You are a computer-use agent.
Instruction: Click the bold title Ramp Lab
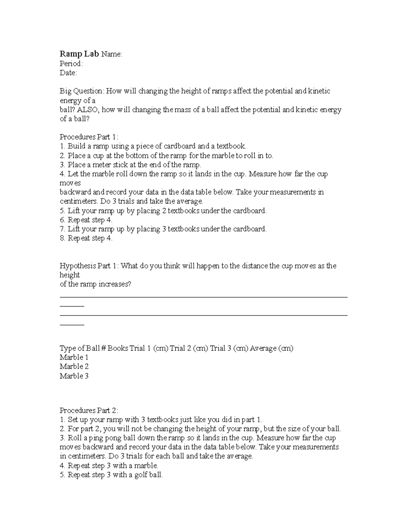79,54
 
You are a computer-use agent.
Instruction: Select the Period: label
71,63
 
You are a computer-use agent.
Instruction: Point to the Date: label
68,73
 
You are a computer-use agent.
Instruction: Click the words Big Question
81,91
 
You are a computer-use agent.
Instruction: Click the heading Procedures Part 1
89,137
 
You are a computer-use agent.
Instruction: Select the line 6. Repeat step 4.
86,220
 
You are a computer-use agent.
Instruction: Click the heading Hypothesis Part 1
89,266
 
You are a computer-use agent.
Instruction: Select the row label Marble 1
74,357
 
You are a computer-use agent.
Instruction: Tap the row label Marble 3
74,376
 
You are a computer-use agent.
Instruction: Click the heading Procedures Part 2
89,411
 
